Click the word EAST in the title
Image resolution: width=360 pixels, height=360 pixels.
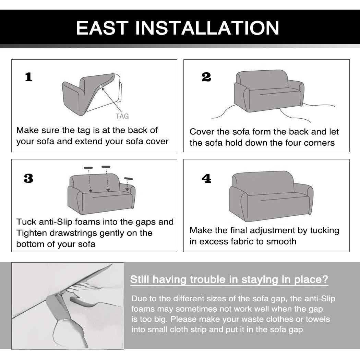pos(102,28)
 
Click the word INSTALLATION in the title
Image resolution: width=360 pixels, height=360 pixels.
pos(207,28)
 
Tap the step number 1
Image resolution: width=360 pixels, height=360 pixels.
pos(28,77)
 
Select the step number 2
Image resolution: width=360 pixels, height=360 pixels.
pos(206,77)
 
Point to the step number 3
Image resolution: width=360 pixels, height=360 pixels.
pos(28,178)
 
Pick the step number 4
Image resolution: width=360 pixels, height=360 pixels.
pos(206,178)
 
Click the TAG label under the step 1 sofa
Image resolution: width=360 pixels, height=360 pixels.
pos(122,117)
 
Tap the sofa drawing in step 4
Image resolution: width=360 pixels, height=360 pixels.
pos(271,196)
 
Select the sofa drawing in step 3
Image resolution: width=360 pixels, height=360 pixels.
pos(101,194)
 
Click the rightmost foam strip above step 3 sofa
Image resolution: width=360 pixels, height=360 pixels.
pos(128,178)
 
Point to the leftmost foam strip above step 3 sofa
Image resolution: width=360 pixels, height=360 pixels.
pos(88,168)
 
